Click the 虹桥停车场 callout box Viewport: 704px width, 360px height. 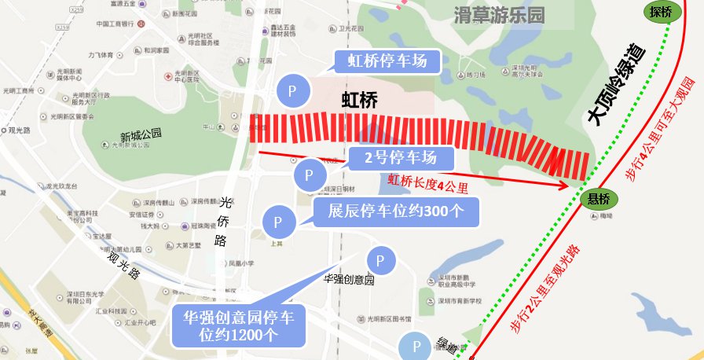point(387,61)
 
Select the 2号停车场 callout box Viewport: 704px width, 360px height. point(400,157)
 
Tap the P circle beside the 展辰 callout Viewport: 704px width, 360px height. point(278,222)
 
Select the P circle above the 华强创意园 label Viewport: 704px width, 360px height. point(381,260)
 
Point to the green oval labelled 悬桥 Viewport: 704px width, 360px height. point(599,199)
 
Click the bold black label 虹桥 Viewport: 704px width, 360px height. point(360,100)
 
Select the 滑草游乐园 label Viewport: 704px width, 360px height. point(498,14)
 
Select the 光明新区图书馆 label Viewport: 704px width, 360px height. point(384,319)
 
